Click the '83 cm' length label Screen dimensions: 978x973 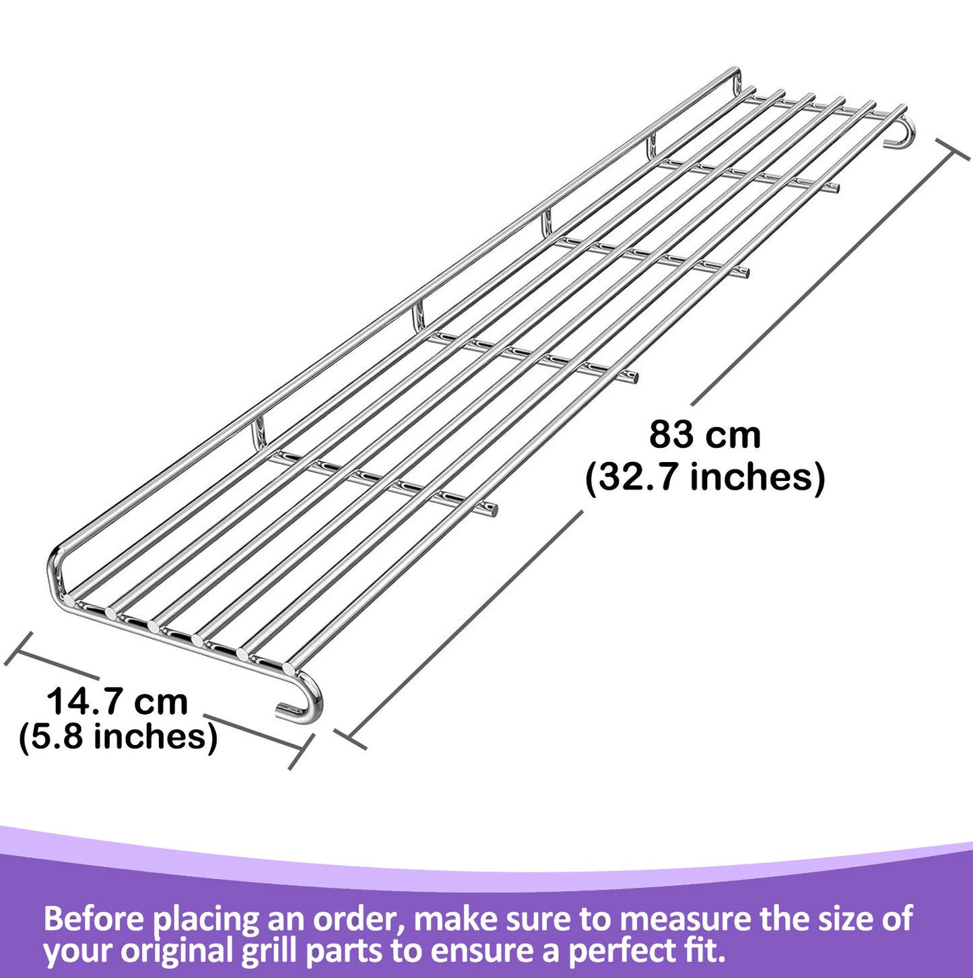click(x=704, y=434)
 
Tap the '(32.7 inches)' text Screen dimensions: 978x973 click(x=704, y=477)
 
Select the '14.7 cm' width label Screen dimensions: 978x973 click(x=117, y=701)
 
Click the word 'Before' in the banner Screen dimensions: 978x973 click(x=94, y=919)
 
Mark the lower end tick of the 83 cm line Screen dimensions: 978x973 click(x=350, y=739)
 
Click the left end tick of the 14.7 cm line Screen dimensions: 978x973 click(x=18, y=649)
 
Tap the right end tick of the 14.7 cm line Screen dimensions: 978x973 click(x=302, y=752)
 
